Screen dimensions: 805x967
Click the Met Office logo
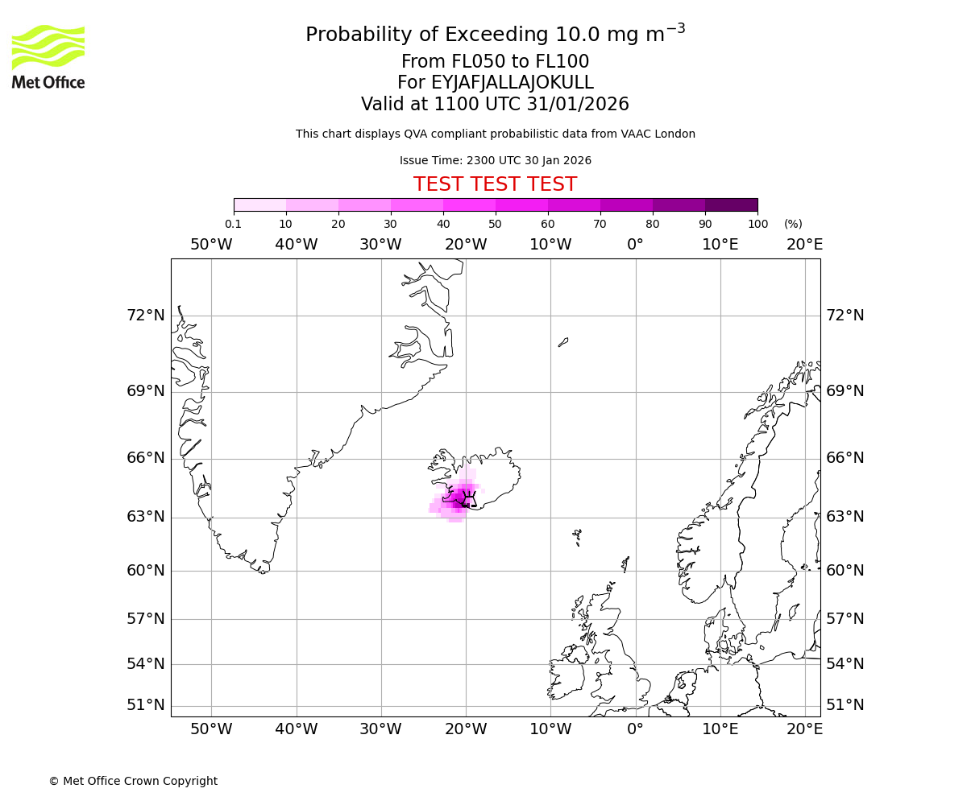(x=48, y=56)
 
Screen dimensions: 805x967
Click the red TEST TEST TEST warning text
(x=495, y=184)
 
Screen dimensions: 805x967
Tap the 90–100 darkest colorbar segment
(x=731, y=204)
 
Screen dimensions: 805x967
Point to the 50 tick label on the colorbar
(x=495, y=224)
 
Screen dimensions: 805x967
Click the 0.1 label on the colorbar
(x=233, y=224)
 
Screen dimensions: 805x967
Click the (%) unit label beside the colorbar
(x=793, y=224)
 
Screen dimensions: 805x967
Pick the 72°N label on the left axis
(x=145, y=315)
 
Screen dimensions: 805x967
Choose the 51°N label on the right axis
(x=845, y=705)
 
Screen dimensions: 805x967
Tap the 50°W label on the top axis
(x=211, y=245)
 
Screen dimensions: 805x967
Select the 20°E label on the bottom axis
(x=804, y=729)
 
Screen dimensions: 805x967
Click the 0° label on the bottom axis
(x=635, y=729)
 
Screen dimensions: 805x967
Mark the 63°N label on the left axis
(x=145, y=516)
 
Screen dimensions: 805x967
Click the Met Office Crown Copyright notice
(x=133, y=781)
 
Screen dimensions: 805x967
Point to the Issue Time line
(x=495, y=160)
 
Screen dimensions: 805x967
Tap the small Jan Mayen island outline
(x=563, y=342)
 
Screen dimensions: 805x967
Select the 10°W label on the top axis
(x=550, y=245)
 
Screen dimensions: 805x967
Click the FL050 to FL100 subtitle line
(x=495, y=62)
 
